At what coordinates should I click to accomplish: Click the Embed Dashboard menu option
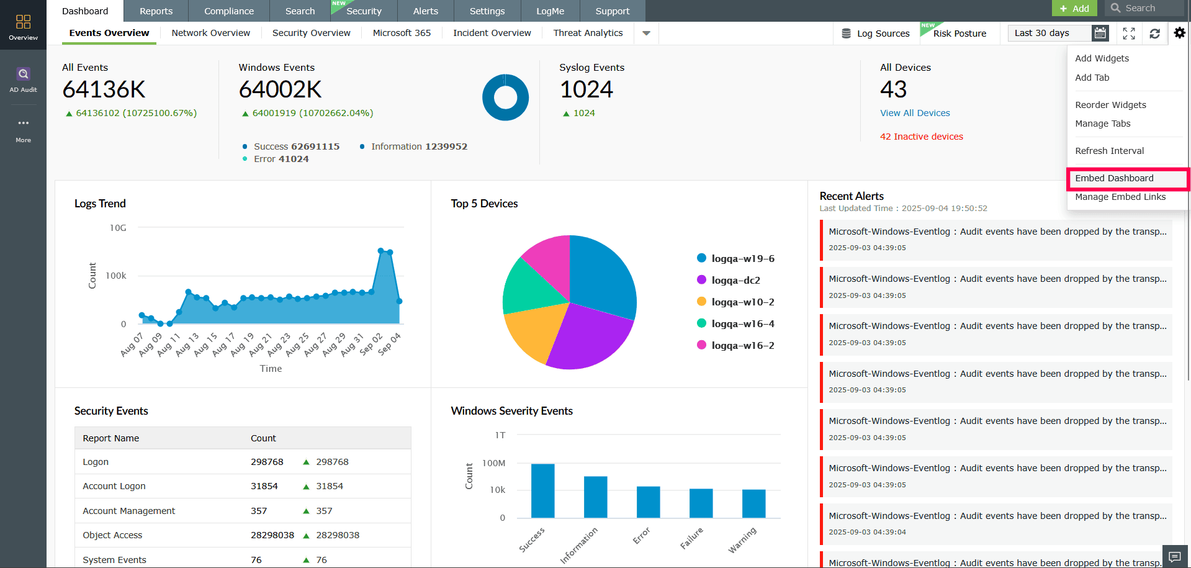(1114, 178)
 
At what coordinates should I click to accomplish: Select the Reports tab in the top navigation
(156, 11)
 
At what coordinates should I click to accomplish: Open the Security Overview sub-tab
(311, 33)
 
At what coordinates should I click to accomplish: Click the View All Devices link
(915, 113)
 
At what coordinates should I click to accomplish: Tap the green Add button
(1074, 8)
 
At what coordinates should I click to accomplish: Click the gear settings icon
(1179, 33)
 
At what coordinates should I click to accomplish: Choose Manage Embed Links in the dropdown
(1120, 197)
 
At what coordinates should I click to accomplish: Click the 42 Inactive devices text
(921, 137)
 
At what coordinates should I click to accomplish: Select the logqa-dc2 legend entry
(735, 280)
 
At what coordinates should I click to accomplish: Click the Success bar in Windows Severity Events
(542, 490)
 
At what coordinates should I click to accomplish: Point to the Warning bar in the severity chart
(753, 503)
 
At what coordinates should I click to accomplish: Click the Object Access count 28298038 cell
(272, 535)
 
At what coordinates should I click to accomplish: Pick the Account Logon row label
(114, 486)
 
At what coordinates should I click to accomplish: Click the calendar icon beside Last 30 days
(1100, 33)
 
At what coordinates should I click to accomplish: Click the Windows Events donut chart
(505, 97)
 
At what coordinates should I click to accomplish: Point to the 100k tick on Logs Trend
(116, 276)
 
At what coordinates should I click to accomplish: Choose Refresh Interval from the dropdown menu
(1109, 151)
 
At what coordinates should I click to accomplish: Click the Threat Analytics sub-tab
(588, 33)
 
